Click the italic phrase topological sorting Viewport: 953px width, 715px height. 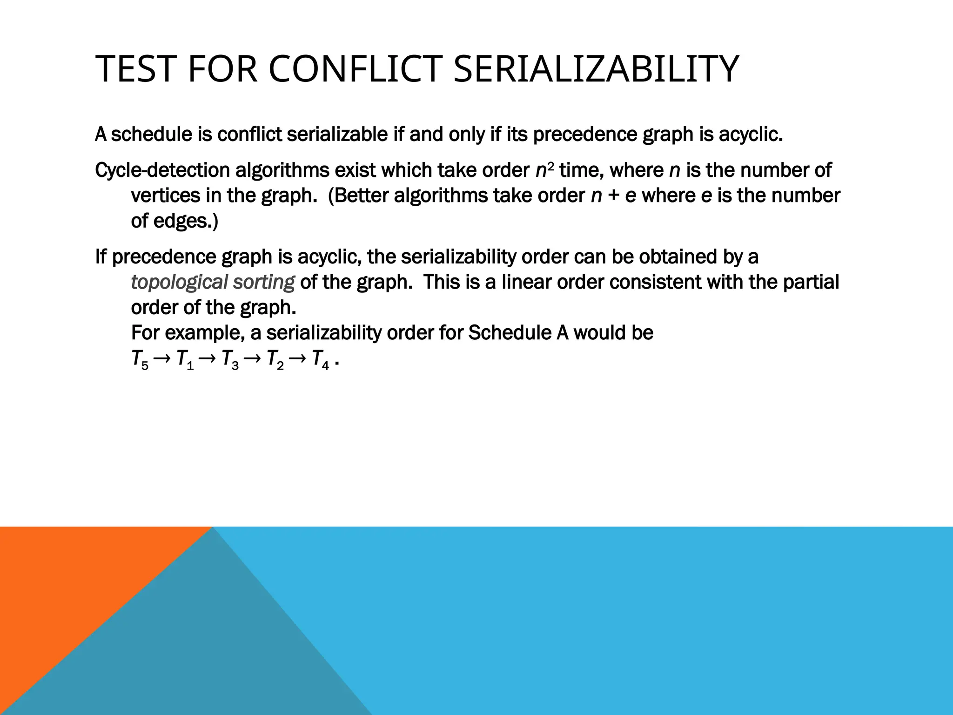pos(213,282)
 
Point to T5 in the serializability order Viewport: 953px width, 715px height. pos(140,359)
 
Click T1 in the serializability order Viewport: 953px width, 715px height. pos(185,359)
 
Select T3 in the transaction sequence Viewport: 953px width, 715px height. pos(230,359)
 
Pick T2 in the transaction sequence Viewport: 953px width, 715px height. pos(275,359)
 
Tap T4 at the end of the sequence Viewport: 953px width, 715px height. pos(320,359)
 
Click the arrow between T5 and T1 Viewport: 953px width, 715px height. pos(162,359)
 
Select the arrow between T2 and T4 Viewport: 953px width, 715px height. pos(298,359)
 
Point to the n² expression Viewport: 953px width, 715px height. pos(544,170)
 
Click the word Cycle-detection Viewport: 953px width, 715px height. pos(162,170)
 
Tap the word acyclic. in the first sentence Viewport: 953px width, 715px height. pos(751,135)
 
